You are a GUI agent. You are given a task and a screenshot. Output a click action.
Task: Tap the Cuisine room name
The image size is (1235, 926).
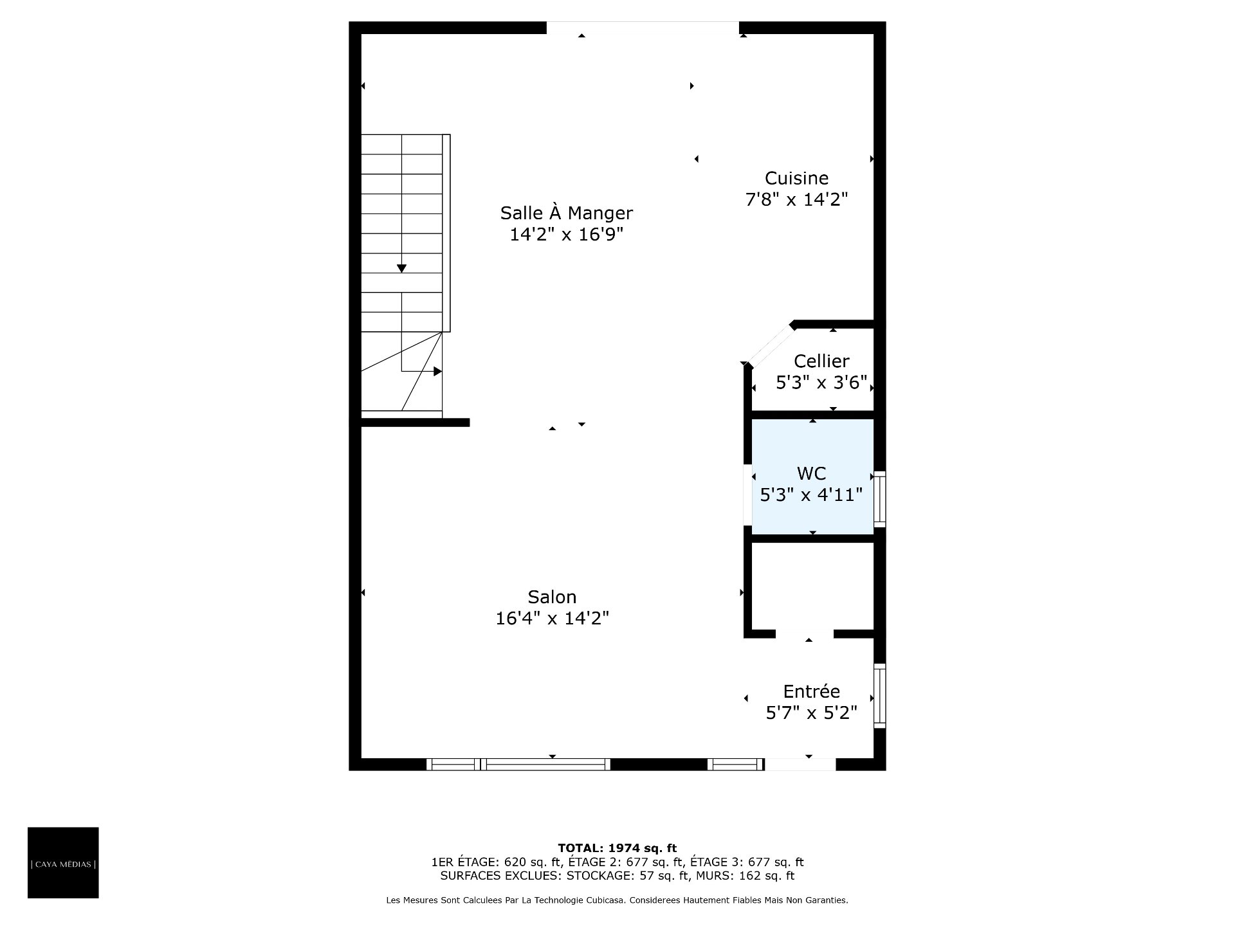pos(796,178)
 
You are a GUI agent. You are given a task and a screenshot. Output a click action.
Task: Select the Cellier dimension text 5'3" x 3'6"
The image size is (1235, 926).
pos(821,383)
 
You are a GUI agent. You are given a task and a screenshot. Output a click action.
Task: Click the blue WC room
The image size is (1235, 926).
pos(812,477)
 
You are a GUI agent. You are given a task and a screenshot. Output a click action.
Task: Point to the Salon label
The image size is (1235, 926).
pos(552,597)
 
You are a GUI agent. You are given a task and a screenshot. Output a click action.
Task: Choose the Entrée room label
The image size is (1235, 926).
pos(811,691)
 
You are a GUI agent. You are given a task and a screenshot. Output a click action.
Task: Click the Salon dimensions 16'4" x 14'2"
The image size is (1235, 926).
pos(552,618)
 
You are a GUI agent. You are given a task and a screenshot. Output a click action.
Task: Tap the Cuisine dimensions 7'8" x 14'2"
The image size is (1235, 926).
pos(796,199)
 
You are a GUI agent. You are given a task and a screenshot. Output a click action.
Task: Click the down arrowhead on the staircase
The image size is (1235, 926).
pos(401,269)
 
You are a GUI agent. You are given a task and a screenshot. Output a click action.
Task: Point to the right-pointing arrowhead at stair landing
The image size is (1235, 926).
pos(438,371)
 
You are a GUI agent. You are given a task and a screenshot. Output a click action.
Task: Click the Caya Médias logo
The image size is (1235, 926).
pos(63,862)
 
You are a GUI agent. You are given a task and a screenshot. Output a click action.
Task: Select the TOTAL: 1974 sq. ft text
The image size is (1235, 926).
pos(617,848)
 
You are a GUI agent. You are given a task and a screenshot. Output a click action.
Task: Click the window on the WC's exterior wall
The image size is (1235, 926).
pos(879,499)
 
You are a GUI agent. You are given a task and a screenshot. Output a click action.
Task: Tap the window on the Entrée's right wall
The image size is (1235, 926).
pos(879,696)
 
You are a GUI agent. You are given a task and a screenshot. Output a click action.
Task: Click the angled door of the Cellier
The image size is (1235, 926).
pos(770,345)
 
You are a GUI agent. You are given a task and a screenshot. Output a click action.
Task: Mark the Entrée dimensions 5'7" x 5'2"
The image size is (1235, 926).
pos(811,713)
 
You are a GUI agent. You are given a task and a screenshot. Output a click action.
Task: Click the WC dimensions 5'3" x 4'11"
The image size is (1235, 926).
pos(811,495)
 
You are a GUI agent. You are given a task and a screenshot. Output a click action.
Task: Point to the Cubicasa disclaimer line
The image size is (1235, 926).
pos(617,900)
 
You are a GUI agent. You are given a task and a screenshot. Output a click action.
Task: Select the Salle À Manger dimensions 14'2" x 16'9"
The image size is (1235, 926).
pos(566,233)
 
